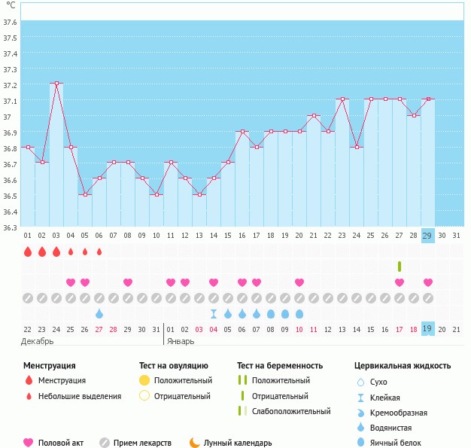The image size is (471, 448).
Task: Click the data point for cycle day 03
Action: pos(56,84)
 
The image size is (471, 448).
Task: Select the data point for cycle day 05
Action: pos(85,194)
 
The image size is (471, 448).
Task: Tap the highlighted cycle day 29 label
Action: pos(428,236)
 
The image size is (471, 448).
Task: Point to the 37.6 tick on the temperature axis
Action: pos(11,23)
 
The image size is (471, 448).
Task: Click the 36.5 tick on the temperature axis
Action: pos(11,196)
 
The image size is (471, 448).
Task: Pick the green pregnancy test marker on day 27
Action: pos(400,267)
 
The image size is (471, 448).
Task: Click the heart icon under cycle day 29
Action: pos(428,282)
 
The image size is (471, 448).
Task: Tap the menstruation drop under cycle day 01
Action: pos(28,251)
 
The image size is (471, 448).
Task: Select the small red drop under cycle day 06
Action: pos(99,251)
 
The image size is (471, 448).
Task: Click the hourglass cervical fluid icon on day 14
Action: pos(214,313)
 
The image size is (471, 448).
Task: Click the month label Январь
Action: pos(181,342)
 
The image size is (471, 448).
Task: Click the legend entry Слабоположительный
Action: pos(291,411)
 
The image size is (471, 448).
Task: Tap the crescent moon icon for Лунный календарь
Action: pos(195,443)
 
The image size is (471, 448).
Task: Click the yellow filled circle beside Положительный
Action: pos(144,381)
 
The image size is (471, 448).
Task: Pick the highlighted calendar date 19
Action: pos(428,329)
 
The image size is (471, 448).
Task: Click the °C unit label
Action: pos(11,5)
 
